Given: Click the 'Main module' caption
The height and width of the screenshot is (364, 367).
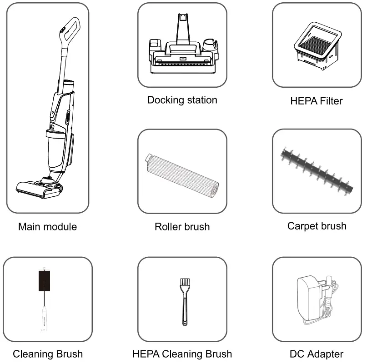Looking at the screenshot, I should [x=47, y=226].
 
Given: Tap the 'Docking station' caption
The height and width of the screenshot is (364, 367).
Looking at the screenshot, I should [x=182, y=100].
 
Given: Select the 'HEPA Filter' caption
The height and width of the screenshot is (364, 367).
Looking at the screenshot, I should [x=316, y=101].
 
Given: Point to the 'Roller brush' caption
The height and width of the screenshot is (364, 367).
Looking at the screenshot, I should [x=182, y=226].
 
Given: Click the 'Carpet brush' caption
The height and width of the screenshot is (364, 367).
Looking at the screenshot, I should [x=317, y=226].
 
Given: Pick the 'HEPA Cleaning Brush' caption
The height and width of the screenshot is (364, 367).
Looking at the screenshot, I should [x=182, y=354].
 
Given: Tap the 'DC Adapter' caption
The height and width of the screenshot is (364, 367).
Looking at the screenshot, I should [x=317, y=354].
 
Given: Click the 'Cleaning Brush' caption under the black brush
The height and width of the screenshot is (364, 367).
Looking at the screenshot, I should [x=48, y=354].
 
